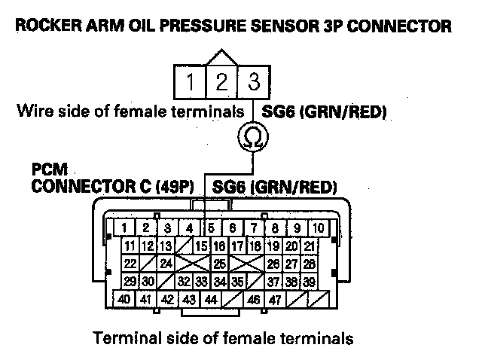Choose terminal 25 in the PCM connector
(220, 264)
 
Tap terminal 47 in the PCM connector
(276, 299)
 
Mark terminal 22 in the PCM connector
(130, 264)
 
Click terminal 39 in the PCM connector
(309, 282)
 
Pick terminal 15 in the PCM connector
(202, 246)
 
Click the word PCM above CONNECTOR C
(47, 170)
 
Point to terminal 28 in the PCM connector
(309, 264)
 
